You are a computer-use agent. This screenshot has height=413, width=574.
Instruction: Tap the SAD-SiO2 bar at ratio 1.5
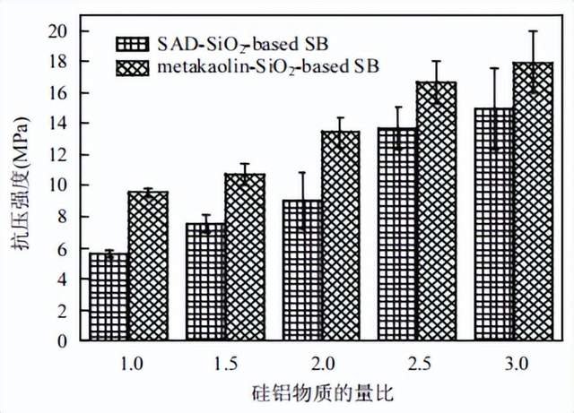(x=205, y=282)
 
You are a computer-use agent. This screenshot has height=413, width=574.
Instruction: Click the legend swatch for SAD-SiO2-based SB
(x=132, y=43)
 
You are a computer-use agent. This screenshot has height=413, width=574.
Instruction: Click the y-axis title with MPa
(x=20, y=188)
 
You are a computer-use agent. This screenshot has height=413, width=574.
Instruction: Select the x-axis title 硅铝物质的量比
(x=322, y=391)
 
